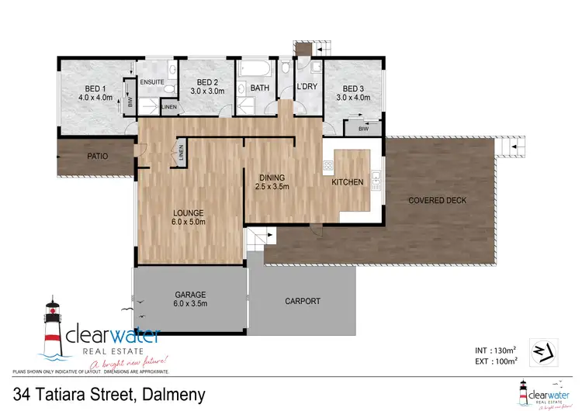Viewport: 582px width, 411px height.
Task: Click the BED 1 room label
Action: (95, 88)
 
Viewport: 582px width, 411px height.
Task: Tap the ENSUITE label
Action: (152, 82)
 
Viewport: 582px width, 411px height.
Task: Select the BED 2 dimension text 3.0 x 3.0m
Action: (210, 91)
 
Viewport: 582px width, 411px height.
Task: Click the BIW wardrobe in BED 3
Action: (363, 130)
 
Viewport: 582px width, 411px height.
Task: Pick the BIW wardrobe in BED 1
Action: (130, 101)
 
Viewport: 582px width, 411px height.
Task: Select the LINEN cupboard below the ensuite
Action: (168, 106)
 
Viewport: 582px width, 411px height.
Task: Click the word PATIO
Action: (97, 156)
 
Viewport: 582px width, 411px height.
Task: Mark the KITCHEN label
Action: (347, 182)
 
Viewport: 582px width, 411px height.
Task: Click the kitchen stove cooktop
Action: (328, 166)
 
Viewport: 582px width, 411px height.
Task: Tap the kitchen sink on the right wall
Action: (376, 180)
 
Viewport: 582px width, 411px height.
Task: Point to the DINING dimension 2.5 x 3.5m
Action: (272, 186)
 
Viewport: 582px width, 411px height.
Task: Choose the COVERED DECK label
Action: (438, 200)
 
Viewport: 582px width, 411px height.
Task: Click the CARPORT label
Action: (302, 301)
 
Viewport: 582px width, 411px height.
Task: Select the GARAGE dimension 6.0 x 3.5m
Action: (190, 305)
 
